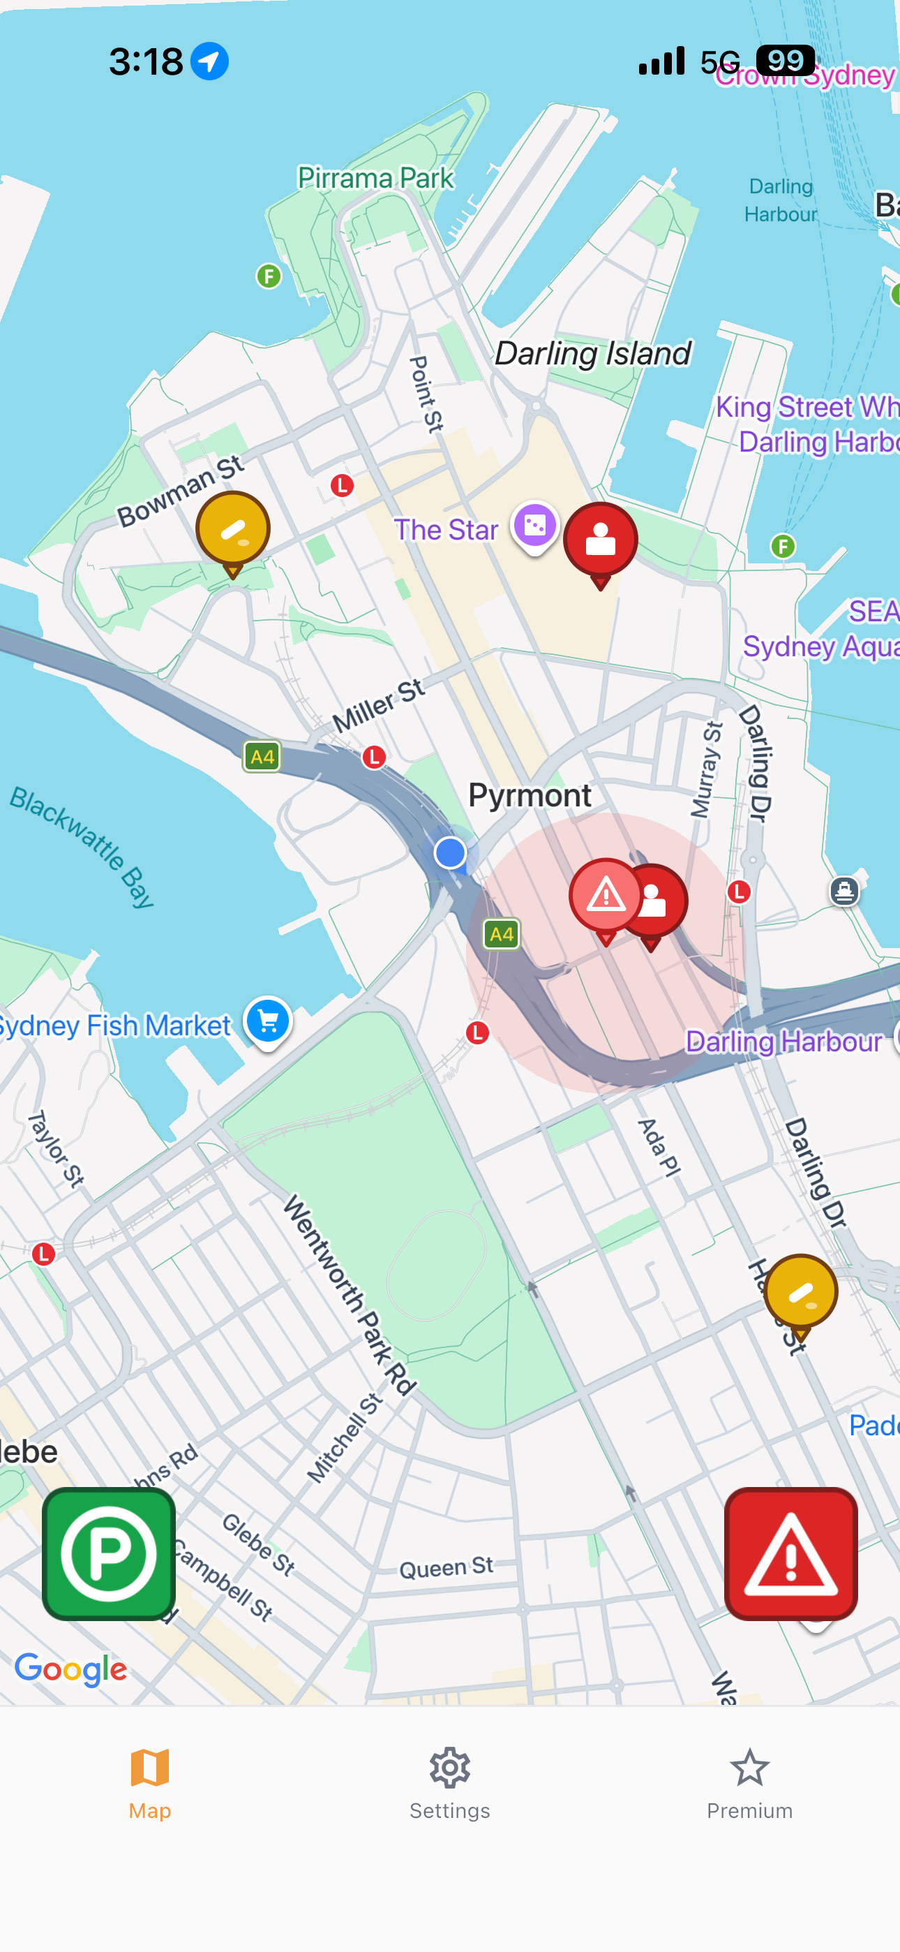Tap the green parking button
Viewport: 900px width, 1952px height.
point(108,1553)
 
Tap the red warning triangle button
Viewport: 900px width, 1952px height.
point(790,1553)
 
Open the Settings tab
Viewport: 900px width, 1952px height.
point(449,1783)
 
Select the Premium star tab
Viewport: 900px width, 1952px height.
point(749,1783)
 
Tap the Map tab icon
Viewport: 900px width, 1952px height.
point(150,1768)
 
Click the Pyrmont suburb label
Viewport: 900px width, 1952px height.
point(530,795)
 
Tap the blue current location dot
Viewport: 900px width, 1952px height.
point(450,852)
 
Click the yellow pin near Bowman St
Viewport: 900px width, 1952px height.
point(232,529)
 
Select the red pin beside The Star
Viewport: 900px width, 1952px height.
point(601,540)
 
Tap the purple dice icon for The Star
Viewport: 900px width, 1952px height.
point(535,525)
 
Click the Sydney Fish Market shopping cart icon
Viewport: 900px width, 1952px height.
point(267,1021)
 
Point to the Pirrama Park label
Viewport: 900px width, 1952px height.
point(376,178)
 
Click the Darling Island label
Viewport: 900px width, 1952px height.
point(592,353)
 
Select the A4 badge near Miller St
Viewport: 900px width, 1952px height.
point(262,756)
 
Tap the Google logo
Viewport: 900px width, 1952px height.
point(71,1669)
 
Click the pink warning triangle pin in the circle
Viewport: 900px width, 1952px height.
point(606,896)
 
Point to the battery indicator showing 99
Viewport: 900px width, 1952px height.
point(786,61)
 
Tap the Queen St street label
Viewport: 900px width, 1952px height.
point(447,1567)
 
